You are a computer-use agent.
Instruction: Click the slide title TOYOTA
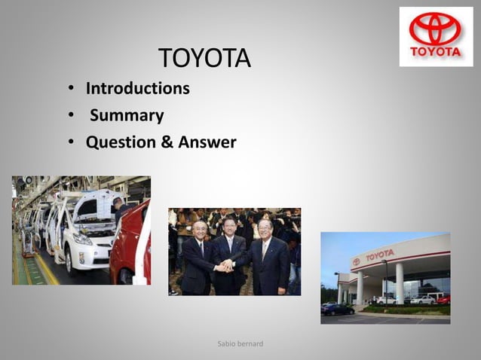[204, 58]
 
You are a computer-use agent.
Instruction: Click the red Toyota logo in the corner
[435, 29]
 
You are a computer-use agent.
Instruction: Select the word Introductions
[137, 89]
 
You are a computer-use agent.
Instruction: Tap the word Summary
[127, 116]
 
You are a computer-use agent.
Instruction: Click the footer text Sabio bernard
[240, 344]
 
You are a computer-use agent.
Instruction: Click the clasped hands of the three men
[225, 264]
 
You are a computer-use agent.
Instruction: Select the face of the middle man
[230, 226]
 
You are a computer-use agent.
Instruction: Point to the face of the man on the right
[265, 229]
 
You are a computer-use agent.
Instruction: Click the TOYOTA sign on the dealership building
[380, 255]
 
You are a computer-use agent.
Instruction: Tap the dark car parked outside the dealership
[337, 309]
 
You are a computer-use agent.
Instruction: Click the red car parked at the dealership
[443, 300]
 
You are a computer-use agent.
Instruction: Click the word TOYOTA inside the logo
[435, 52]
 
